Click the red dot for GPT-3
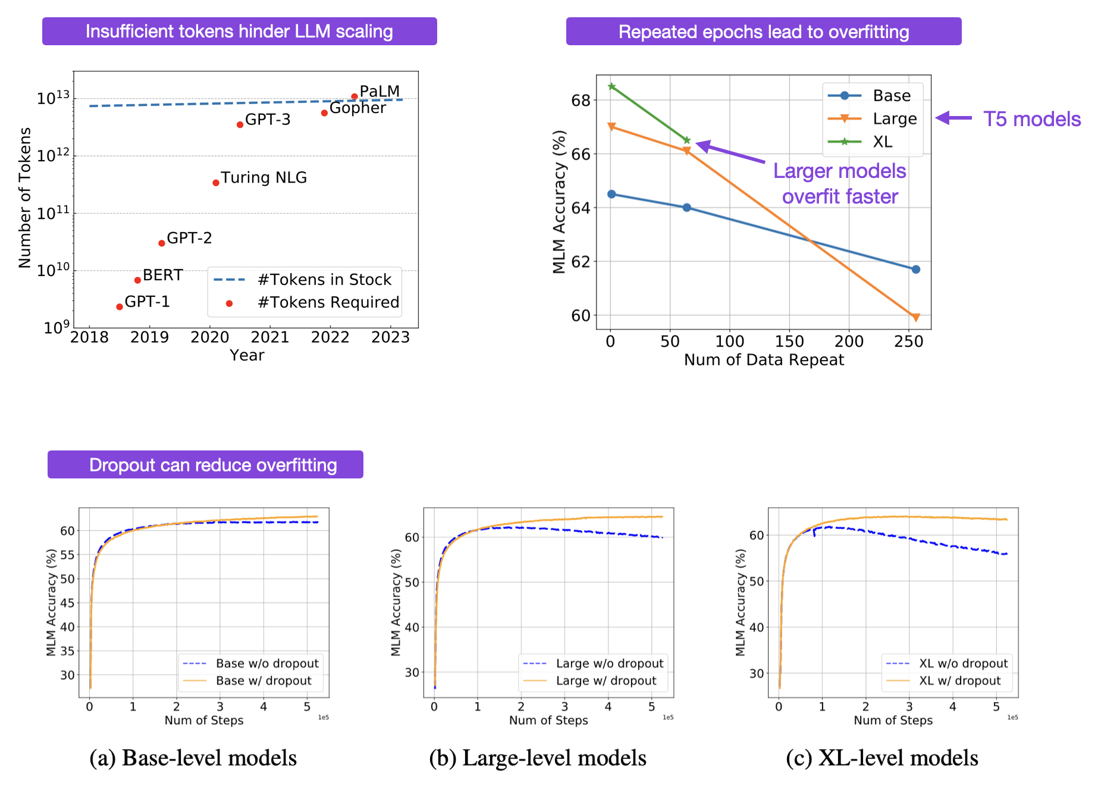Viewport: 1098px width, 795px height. point(240,124)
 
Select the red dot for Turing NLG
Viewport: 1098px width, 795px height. point(216,183)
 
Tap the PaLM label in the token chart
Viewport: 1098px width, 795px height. point(379,91)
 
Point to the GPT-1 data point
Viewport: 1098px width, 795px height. point(120,306)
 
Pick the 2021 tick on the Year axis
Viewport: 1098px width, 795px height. point(270,337)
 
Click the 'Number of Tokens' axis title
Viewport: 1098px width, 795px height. point(24,198)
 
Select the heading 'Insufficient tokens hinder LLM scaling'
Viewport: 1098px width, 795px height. point(239,32)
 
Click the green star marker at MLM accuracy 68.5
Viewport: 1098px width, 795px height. point(611,86)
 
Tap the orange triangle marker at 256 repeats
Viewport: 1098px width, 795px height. point(915,317)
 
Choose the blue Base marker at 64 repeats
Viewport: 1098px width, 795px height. point(686,208)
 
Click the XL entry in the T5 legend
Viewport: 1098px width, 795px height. point(882,142)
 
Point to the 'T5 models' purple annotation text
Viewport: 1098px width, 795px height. point(1031,119)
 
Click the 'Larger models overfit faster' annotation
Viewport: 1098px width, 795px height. point(839,183)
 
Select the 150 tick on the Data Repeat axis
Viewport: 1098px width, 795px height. point(789,342)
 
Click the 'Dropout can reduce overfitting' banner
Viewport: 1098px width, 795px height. point(206,465)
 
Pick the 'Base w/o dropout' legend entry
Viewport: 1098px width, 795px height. point(267,663)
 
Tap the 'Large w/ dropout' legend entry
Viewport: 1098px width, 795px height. point(606,681)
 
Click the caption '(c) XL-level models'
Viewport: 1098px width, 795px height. point(881,758)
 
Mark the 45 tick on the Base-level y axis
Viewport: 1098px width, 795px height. point(68,603)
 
